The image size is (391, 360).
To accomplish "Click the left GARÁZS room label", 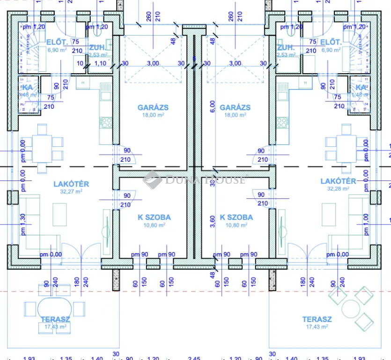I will tap(153, 107).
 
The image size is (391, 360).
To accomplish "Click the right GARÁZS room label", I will tap(235, 107).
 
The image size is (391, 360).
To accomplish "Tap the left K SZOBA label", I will tap(154, 217).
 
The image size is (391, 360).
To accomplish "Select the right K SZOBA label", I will tap(236, 217).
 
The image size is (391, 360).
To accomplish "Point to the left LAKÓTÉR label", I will tap(71, 184).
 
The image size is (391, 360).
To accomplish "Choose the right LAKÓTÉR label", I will tap(339, 181).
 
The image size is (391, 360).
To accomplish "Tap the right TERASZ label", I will tap(317, 319).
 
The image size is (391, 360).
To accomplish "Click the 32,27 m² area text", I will tap(71, 191).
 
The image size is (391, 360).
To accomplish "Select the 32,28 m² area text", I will tap(339, 188).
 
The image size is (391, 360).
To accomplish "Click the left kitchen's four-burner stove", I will tap(106, 123).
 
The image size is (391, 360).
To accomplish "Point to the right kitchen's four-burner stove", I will tap(282, 123).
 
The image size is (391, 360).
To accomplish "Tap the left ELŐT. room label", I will tap(55, 43).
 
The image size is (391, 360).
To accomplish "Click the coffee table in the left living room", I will tap(59, 214).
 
